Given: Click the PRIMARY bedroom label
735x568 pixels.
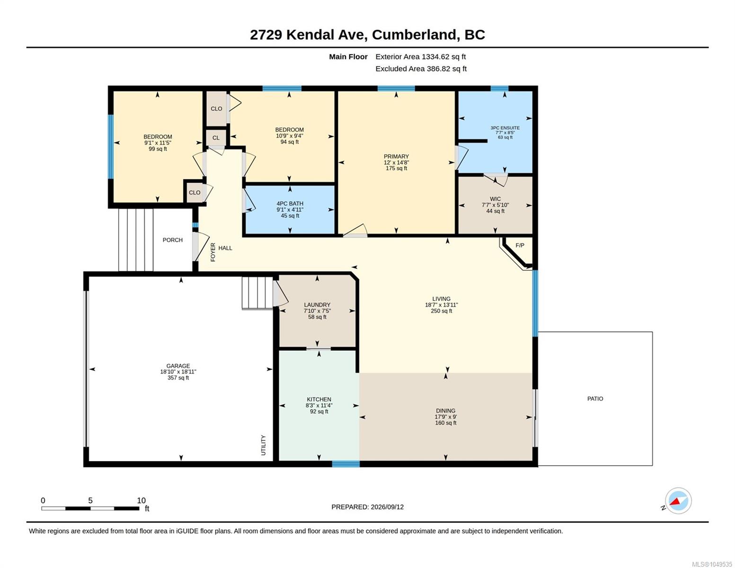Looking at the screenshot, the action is click(x=396, y=156).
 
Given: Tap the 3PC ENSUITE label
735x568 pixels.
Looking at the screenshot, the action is click(x=505, y=128).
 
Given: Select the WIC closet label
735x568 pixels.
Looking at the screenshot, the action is click(x=495, y=199).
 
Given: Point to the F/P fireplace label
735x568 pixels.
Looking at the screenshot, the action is click(x=520, y=245).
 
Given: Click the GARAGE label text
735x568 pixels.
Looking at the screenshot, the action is click(x=178, y=366).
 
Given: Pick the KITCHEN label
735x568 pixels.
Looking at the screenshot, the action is click(x=319, y=399).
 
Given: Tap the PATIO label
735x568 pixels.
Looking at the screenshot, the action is click(x=595, y=399).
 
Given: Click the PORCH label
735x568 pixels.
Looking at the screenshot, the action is click(x=172, y=240).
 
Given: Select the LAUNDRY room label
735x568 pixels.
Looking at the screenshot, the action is click(x=317, y=304).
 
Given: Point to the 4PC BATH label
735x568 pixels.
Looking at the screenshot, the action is click(x=290, y=204).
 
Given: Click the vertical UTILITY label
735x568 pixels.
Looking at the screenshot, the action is click(x=264, y=445).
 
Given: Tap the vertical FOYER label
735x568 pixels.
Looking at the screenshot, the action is click(x=213, y=252).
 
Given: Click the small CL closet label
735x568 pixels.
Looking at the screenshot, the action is click(x=216, y=138).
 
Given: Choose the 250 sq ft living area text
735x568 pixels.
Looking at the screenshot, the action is click(x=441, y=311).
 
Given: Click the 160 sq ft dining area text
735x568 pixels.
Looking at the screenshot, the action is click(x=445, y=423).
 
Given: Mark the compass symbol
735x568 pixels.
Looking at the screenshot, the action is click(x=678, y=501).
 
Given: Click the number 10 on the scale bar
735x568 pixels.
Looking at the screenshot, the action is click(x=141, y=500).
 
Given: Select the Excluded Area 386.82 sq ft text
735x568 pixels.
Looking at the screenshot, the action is click(x=421, y=69).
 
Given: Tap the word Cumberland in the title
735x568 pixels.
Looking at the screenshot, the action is click(x=414, y=35).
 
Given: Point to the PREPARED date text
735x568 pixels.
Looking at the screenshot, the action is click(x=367, y=507).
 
